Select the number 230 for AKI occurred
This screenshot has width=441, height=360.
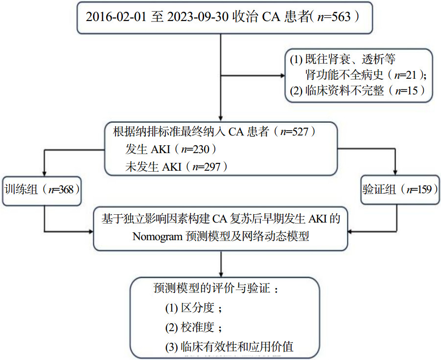click(x=199, y=149)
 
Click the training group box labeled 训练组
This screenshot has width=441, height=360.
click(x=42, y=189)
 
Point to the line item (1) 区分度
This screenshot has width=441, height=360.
click(x=194, y=308)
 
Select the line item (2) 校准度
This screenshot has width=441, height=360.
click(x=194, y=327)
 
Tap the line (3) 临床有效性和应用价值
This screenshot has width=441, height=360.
click(x=229, y=347)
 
